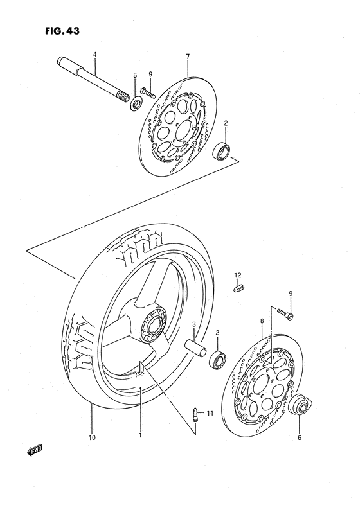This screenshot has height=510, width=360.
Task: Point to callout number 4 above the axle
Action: tap(94, 55)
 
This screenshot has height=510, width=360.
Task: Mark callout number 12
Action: tap(237, 276)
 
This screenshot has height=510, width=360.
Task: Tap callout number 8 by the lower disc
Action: tap(262, 319)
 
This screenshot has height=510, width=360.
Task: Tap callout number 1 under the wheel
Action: tap(140, 434)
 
